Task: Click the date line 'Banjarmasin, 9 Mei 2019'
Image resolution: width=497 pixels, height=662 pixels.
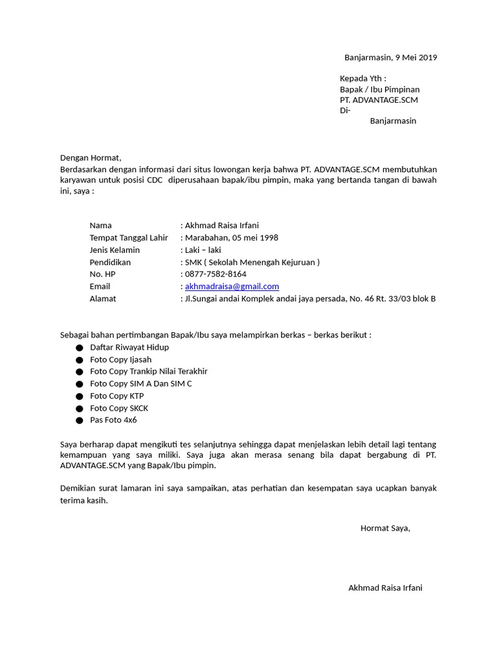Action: point(390,58)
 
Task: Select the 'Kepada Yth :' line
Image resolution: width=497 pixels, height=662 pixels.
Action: point(362,79)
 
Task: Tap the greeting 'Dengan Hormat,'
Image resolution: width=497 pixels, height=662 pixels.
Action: point(91,158)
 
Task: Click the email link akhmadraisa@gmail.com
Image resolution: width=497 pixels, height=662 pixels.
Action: point(232,286)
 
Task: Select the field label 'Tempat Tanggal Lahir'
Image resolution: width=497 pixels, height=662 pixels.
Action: point(129,238)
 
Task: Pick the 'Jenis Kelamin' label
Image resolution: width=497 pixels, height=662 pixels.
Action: point(115,250)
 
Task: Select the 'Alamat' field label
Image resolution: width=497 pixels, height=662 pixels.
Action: point(103,299)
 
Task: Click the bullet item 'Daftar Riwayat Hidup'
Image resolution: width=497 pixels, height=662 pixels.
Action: point(129,347)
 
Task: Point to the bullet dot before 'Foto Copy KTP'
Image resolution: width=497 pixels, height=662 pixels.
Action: point(80,396)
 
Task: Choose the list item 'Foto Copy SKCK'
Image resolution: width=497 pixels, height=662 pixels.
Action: point(119,408)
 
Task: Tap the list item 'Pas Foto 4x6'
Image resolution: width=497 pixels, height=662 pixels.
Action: point(113,420)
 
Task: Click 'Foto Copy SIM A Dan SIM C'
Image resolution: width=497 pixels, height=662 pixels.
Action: point(141,384)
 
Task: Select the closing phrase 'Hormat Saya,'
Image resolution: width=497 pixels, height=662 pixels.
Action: point(385,528)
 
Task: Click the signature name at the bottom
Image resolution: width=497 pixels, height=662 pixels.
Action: point(385,588)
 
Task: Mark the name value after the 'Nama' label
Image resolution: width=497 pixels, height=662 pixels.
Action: point(222,226)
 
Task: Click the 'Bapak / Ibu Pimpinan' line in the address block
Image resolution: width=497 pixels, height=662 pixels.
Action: point(380,89)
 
